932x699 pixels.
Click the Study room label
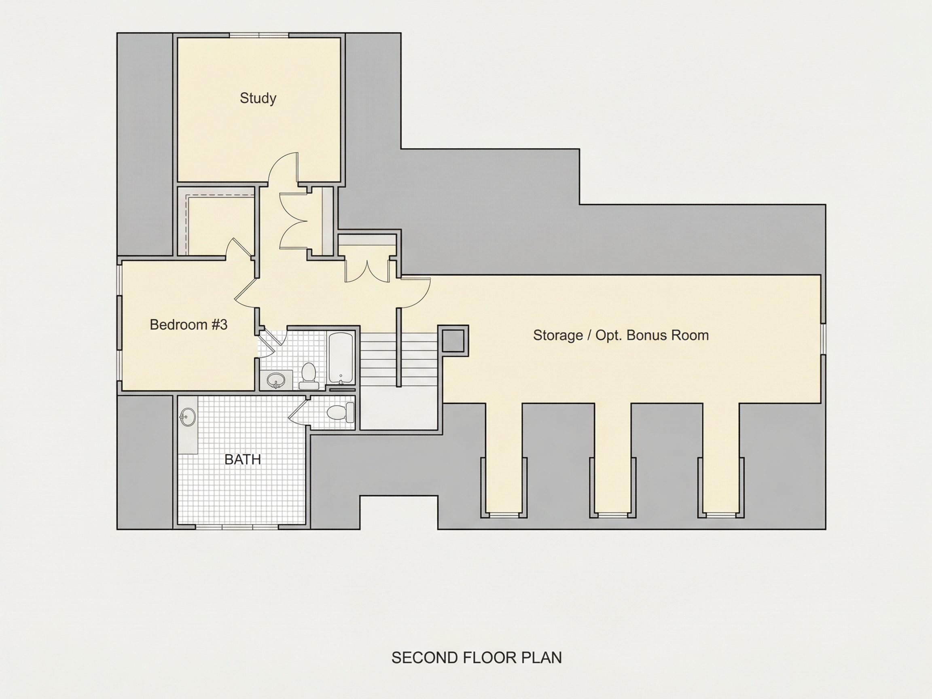(258, 98)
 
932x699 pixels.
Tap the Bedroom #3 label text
(189, 324)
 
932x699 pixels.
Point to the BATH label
(243, 459)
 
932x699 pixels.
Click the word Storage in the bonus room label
(558, 335)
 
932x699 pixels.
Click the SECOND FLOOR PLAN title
(477, 658)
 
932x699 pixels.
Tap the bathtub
(341, 358)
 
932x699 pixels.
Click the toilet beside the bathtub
(309, 376)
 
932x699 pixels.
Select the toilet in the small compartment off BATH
(341, 413)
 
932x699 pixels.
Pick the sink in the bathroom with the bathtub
(276, 381)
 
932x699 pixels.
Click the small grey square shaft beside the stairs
(453, 341)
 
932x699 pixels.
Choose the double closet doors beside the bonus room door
(367, 272)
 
